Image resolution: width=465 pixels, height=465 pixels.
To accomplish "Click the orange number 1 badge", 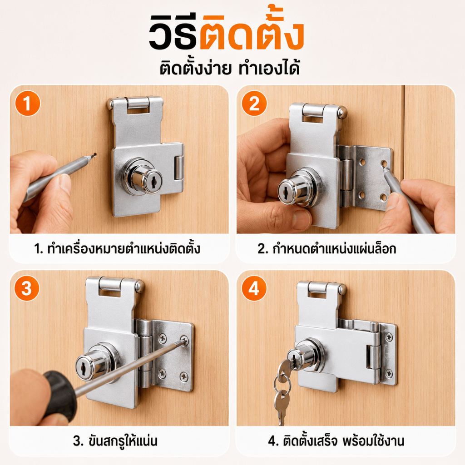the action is pos(28,104).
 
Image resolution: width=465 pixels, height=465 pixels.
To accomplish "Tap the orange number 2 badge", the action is pos(254,104).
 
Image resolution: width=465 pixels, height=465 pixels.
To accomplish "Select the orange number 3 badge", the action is pos(27,288).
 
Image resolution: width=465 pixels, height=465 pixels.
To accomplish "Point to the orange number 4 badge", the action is pos(254,288).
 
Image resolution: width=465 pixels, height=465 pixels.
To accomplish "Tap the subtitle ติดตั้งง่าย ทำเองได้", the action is pos(230,68).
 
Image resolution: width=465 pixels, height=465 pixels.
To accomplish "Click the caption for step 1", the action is pos(117,248).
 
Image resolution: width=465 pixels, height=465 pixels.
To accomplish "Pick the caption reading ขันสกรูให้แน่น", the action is pos(115,440).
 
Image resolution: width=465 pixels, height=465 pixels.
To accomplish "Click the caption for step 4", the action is pos(336,440).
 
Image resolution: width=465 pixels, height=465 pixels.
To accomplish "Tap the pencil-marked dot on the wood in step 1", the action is pos(94,154).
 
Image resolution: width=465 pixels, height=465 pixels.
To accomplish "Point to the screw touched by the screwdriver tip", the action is pos(184,341).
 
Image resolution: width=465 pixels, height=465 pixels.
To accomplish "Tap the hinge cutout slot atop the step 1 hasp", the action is pos(138,110).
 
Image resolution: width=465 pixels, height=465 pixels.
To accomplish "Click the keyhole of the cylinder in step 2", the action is pos(284,191).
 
